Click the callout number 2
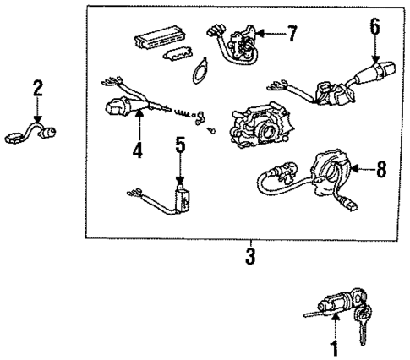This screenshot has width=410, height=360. click(37, 89)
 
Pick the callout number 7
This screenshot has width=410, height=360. click(292, 35)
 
